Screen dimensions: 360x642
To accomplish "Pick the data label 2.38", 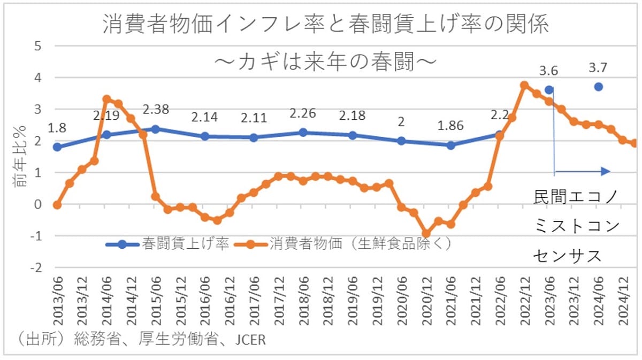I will click(x=156, y=110).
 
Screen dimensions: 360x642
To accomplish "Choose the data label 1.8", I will click(x=57, y=128).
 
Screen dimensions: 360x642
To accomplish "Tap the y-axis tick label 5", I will click(x=38, y=46).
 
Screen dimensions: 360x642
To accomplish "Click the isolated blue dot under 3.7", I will click(x=599, y=87).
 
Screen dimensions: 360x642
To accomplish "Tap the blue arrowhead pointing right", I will click(x=605, y=172).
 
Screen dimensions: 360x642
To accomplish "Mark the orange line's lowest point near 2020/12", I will click(x=426, y=234).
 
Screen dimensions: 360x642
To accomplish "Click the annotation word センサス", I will click(x=568, y=256).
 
